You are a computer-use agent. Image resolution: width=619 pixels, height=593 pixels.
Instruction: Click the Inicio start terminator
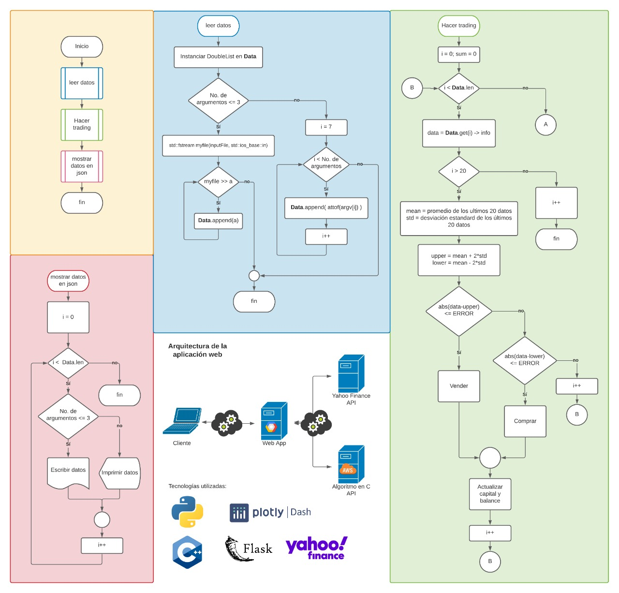click(x=82, y=46)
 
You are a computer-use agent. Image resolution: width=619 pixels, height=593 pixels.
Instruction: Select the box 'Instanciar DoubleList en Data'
click(x=218, y=57)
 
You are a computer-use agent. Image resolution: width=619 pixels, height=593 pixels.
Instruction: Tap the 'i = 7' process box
click(x=326, y=127)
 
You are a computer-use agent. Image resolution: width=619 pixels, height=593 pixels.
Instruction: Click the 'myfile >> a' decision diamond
click(x=218, y=182)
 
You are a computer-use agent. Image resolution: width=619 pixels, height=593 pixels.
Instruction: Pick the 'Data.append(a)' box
click(x=218, y=221)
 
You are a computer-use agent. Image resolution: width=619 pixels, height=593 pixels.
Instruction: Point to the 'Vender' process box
click(x=458, y=386)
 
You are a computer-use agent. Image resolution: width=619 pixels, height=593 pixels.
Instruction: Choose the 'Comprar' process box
click(x=525, y=421)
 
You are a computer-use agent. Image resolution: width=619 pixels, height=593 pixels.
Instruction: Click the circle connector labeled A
click(x=545, y=125)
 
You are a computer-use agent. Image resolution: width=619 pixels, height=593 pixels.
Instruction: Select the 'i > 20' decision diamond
click(x=458, y=171)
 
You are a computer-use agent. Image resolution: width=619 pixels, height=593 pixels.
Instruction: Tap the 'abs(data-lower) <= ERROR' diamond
click(x=524, y=360)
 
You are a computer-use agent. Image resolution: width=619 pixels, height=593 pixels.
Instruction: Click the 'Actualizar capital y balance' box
click(x=490, y=494)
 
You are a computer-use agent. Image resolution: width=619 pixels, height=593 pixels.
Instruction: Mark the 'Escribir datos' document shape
click(x=68, y=472)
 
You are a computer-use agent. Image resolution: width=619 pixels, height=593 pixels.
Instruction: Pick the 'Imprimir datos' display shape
click(x=119, y=473)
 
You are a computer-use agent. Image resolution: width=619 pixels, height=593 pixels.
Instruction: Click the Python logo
click(x=187, y=512)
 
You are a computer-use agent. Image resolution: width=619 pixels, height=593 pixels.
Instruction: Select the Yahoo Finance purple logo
click(x=317, y=548)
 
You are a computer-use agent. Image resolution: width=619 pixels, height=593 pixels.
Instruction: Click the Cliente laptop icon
click(x=182, y=421)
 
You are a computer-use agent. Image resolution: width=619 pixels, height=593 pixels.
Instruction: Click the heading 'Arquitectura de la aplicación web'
click(x=197, y=350)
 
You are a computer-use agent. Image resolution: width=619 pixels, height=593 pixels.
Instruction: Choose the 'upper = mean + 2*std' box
click(x=458, y=260)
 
